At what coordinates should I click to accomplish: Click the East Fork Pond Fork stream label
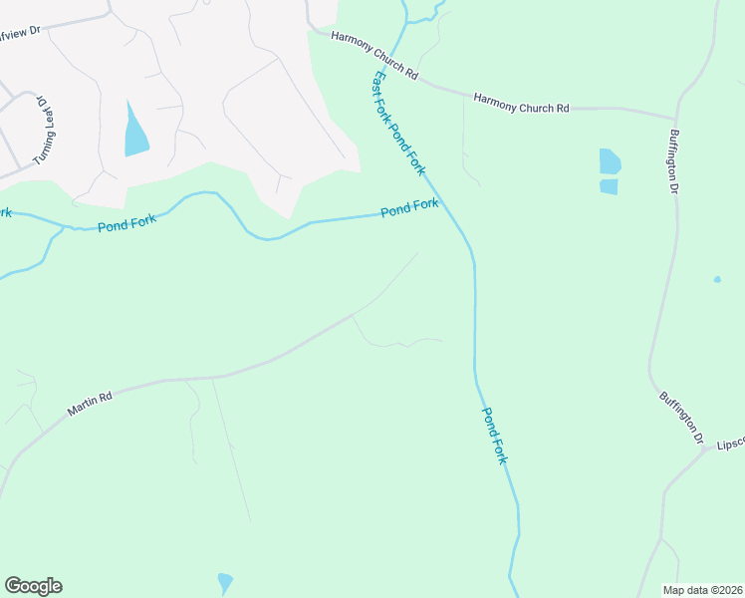(399, 125)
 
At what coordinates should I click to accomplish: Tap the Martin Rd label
(91, 403)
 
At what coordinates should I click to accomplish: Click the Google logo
(33, 586)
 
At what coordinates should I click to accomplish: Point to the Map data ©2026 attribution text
(703, 590)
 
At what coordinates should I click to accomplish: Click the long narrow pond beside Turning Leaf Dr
(134, 133)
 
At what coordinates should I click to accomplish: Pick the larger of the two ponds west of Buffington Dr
(610, 161)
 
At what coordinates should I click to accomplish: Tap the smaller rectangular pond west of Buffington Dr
(609, 186)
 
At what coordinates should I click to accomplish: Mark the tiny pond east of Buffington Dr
(717, 279)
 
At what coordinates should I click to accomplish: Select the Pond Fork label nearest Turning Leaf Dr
(127, 222)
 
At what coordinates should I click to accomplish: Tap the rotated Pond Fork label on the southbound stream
(495, 435)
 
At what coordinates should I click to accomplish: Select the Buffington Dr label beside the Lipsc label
(682, 417)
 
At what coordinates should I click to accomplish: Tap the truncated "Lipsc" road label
(730, 442)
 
